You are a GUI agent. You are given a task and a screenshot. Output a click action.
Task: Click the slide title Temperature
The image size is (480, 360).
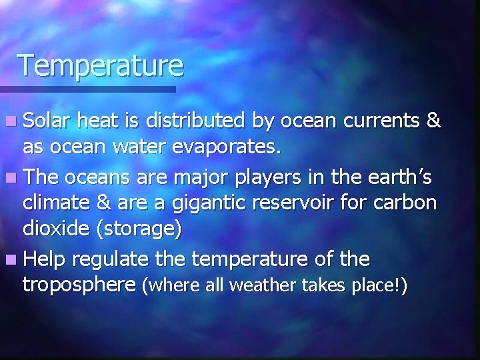(100, 65)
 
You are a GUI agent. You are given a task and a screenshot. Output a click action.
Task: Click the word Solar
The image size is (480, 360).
(48, 121)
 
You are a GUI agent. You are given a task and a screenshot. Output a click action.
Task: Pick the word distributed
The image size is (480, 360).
(199, 121)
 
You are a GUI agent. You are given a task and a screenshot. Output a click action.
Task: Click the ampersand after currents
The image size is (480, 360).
(433, 121)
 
